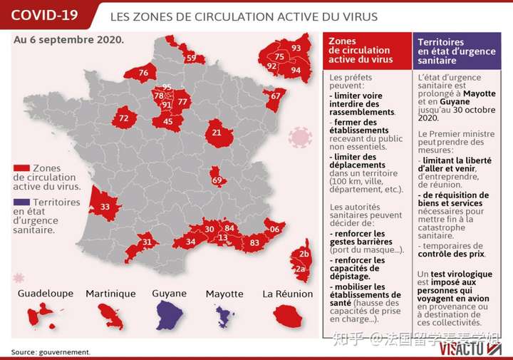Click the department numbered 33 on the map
click(x=105, y=207)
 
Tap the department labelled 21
click(x=217, y=133)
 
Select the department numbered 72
click(x=124, y=118)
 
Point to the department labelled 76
click(x=143, y=73)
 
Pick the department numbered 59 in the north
click(x=190, y=58)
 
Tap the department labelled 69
click(x=217, y=180)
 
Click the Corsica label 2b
click(x=304, y=254)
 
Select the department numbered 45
click(x=168, y=122)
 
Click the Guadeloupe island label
click(x=46, y=294)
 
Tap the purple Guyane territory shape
click(x=169, y=314)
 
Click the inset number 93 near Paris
click(x=296, y=48)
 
